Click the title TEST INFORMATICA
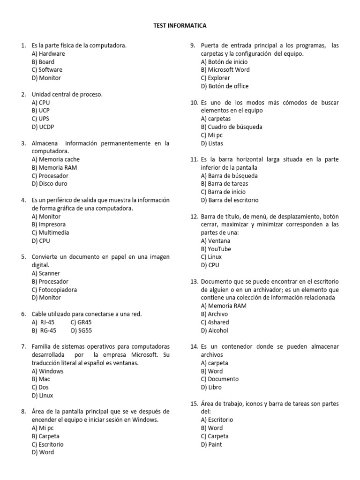tap(180, 25)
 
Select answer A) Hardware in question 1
tap(48, 53)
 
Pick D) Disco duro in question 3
tap(49, 184)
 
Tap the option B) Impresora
tap(49, 225)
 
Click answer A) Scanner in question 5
tap(46, 273)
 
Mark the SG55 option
tap(80, 330)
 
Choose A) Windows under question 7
tap(47, 371)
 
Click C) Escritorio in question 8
tap(47, 444)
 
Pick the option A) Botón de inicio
tap(224, 61)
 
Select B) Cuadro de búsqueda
tap(231, 127)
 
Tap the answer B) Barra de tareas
tap(225, 184)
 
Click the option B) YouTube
tap(216, 249)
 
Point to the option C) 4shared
tap(215, 322)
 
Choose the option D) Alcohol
tap(214, 330)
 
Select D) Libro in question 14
tap(211, 387)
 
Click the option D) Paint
tap(211, 444)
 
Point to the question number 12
tap(194, 217)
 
